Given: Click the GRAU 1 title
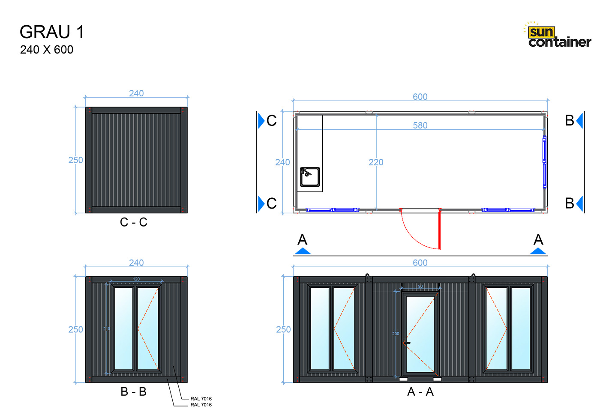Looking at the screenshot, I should [x=52, y=33].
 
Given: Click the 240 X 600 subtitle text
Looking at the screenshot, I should [x=47, y=50].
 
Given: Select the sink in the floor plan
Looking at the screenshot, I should [x=310, y=177].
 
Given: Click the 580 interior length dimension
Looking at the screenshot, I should [x=420, y=125].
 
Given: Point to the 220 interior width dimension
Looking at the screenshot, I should [x=376, y=162].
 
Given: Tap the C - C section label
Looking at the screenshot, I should [x=134, y=222].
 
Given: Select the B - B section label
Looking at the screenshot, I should [x=134, y=392].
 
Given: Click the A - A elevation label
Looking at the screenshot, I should [x=420, y=392].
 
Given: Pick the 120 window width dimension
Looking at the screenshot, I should [x=136, y=279].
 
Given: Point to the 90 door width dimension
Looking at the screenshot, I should [x=420, y=287].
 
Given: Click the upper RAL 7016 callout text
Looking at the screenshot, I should [x=201, y=399].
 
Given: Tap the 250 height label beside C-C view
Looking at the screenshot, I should [x=75, y=160].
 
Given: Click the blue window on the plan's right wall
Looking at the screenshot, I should [x=544, y=162].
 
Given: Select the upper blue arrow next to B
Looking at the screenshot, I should [x=579, y=121].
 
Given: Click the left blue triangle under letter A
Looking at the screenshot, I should [x=303, y=251].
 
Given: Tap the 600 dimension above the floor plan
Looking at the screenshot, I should [x=420, y=97].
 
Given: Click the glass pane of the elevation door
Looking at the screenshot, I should [x=420, y=330].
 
